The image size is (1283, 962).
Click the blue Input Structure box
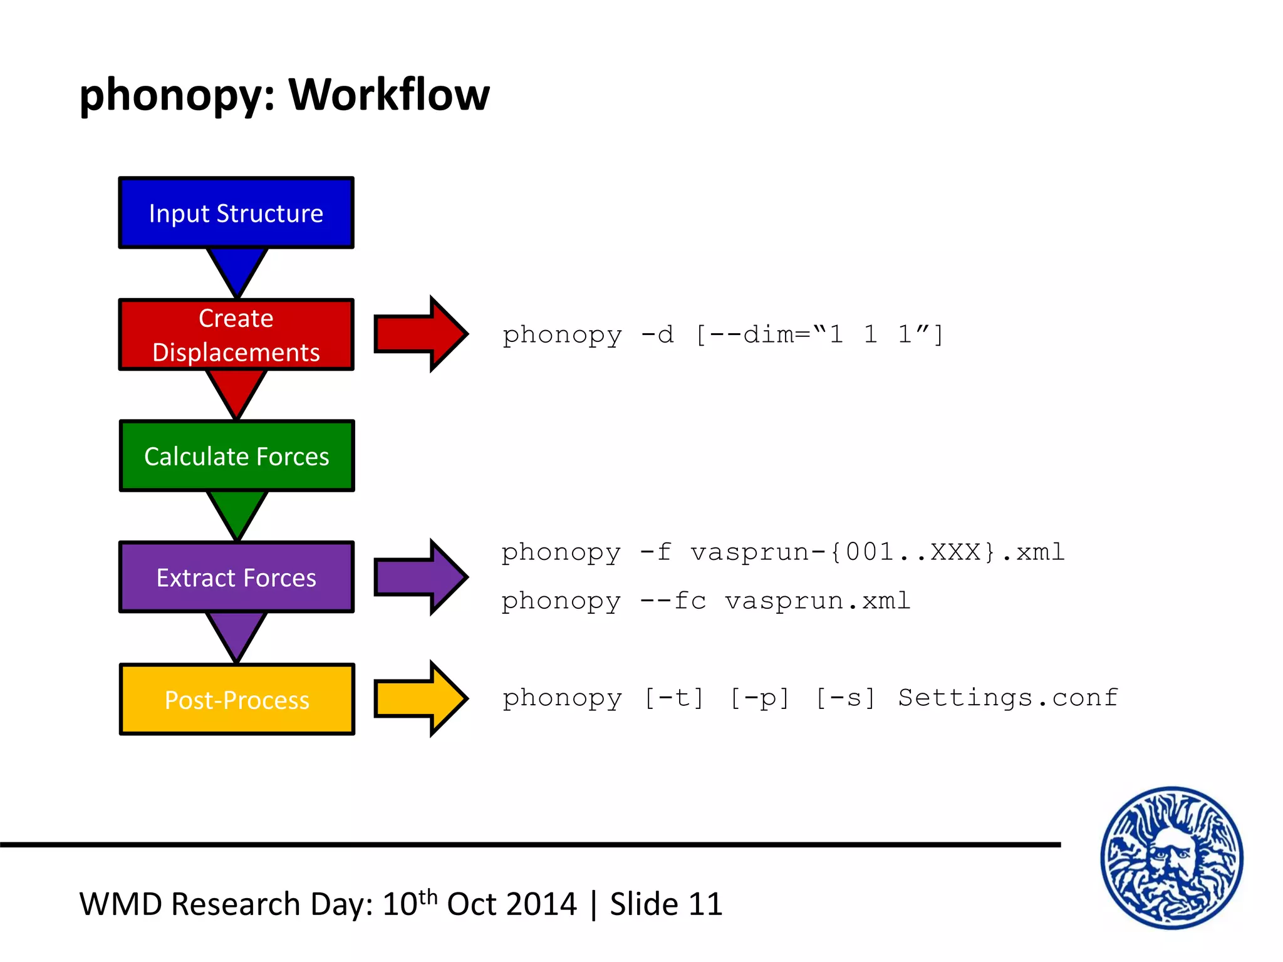click(236, 213)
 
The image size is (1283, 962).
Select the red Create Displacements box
click(236, 334)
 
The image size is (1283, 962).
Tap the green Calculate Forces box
click(236, 456)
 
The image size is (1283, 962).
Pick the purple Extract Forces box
click(236, 577)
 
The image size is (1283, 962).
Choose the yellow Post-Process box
click(236, 699)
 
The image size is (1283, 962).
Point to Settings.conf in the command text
click(1007, 697)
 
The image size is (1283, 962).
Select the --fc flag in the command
click(673, 601)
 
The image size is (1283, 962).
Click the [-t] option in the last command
click(674, 698)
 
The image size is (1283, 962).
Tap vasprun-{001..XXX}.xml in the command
click(877, 552)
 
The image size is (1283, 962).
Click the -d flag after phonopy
click(657, 334)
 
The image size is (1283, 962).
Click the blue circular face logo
click(1171, 857)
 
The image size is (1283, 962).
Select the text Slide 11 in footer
click(666, 904)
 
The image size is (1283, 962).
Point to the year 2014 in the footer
click(541, 904)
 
